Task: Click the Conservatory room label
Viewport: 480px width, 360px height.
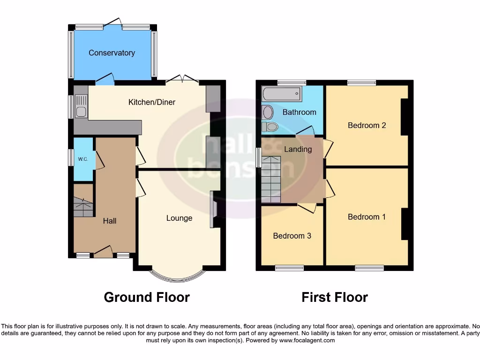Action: tap(112, 53)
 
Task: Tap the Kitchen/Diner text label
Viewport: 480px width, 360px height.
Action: tap(152, 102)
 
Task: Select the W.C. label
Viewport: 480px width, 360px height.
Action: tap(83, 159)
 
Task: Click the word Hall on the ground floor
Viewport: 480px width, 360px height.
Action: tap(110, 221)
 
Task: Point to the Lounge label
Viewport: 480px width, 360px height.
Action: tap(179, 218)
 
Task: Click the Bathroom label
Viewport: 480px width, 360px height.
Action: tap(299, 112)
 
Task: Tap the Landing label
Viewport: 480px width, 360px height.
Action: tap(298, 149)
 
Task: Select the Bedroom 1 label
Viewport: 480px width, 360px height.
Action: tap(367, 217)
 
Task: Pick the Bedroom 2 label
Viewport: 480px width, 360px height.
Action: tap(367, 125)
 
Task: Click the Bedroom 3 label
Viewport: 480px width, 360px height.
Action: tap(292, 236)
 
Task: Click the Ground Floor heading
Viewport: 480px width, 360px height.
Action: tap(147, 297)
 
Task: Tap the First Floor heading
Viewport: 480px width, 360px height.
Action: tap(335, 297)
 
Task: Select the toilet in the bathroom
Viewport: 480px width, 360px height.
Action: tap(270, 126)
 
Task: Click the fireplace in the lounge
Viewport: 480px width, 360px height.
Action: tap(213, 209)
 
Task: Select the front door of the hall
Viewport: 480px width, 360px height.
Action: tap(103, 253)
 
